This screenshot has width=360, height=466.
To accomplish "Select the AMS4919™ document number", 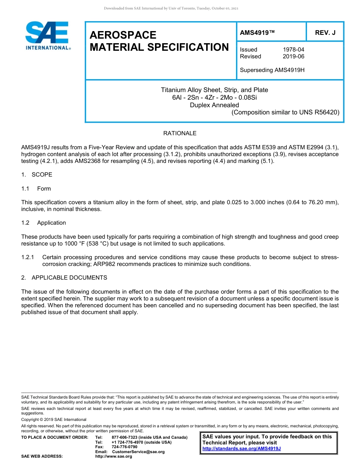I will [257, 33].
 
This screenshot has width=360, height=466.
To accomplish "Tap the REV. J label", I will [325, 33].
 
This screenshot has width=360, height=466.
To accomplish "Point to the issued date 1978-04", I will [293, 50].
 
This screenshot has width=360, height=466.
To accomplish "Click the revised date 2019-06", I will [293, 56].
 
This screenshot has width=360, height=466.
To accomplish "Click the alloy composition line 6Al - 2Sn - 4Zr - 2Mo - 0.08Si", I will [214, 97].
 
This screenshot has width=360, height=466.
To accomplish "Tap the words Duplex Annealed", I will [214, 105].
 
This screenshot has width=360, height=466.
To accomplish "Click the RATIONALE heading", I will [180, 133].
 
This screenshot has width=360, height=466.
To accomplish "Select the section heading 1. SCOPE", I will [37, 175].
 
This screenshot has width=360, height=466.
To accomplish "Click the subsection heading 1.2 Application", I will [44, 223].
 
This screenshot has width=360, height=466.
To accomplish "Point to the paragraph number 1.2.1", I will [28, 257].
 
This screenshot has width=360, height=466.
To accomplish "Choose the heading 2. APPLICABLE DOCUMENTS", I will [64, 278].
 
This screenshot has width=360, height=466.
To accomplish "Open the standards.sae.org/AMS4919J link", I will [241, 449].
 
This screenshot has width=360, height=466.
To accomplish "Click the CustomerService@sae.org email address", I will [138, 452].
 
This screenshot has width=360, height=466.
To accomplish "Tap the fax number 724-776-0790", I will [124, 447].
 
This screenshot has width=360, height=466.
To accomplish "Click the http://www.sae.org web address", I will [114, 457].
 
